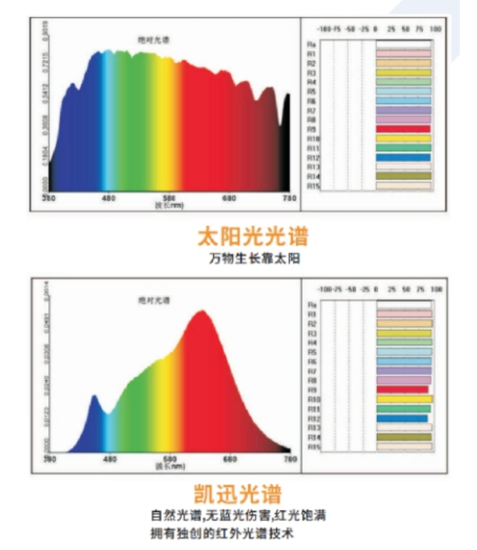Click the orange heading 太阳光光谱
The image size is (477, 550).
coord(252,236)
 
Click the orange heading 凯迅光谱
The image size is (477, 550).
coord(238,494)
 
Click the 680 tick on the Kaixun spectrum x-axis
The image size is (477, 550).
coord(230,458)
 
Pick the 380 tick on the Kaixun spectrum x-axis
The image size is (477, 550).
coord(50,458)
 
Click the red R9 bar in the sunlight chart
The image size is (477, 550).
coord(403,129)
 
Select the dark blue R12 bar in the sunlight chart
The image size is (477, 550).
coord(403,157)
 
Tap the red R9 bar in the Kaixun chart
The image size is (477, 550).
coord(403,389)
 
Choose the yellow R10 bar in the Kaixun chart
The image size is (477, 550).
coord(405,399)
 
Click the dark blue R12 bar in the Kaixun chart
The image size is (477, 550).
coord(402,418)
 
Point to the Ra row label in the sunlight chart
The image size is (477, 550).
coord(311,44)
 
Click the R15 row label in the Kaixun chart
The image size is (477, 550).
coord(313,447)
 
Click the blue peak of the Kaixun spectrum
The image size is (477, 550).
coord(95,398)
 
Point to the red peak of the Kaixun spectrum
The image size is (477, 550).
coord(201,312)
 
